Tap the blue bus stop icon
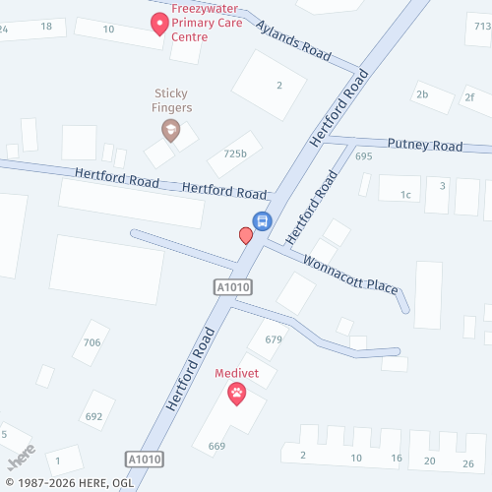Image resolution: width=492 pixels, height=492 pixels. (x=262, y=220)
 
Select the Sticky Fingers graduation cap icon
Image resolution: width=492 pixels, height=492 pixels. (x=170, y=129)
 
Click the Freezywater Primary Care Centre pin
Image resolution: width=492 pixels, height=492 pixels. (x=157, y=23)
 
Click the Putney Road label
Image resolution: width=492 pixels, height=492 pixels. (x=424, y=146)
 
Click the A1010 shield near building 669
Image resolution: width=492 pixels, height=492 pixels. (x=144, y=460)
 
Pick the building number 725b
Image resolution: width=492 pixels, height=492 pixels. (x=235, y=154)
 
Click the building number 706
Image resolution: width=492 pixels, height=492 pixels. (x=92, y=342)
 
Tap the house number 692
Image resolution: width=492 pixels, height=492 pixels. (x=94, y=416)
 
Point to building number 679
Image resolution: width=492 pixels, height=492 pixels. (x=273, y=339)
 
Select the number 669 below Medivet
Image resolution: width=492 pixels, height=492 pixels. (x=216, y=446)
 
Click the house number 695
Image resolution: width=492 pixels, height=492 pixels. (x=364, y=156)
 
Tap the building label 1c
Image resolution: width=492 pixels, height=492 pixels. (x=405, y=195)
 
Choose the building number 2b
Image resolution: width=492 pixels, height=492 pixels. (x=422, y=94)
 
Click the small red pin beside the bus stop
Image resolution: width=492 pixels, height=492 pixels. (x=245, y=235)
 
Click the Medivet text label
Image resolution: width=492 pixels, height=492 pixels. (x=236, y=374)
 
